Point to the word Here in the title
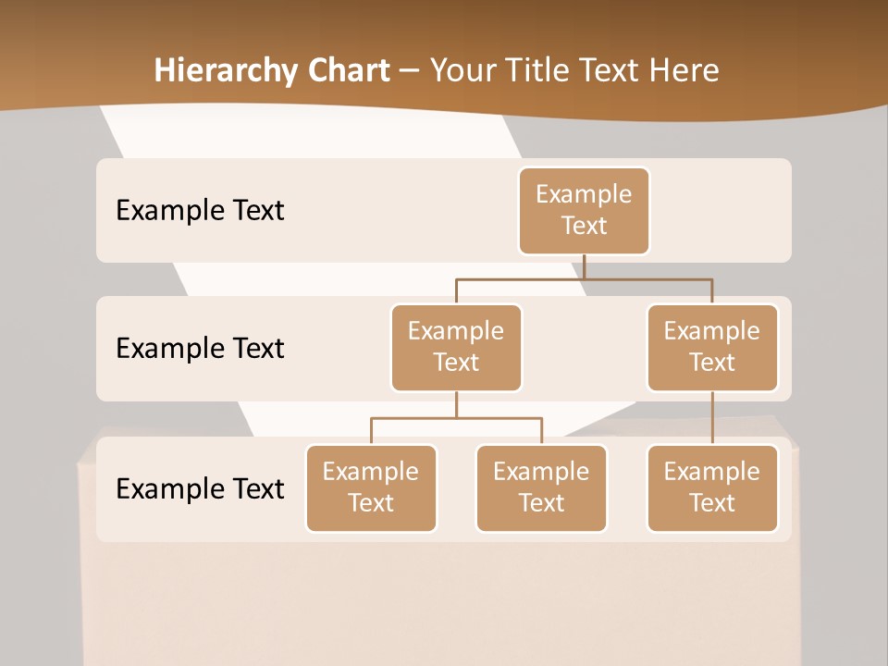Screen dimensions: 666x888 (x=682, y=70)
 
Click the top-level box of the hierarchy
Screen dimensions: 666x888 (x=584, y=210)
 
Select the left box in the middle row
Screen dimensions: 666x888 (x=456, y=347)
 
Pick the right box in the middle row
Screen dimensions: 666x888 (x=712, y=347)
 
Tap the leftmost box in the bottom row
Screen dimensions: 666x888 (x=371, y=487)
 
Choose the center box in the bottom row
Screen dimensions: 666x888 (x=541, y=487)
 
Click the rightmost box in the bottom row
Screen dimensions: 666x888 (x=712, y=487)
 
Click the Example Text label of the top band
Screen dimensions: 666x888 (x=200, y=211)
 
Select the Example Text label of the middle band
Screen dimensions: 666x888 (x=200, y=349)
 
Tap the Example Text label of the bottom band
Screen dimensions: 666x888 (x=200, y=488)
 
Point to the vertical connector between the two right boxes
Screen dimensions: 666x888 (x=712, y=418)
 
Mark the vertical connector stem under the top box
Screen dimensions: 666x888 (x=584, y=266)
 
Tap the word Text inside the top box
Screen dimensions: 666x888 (x=584, y=226)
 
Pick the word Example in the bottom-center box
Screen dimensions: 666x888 (x=541, y=472)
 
